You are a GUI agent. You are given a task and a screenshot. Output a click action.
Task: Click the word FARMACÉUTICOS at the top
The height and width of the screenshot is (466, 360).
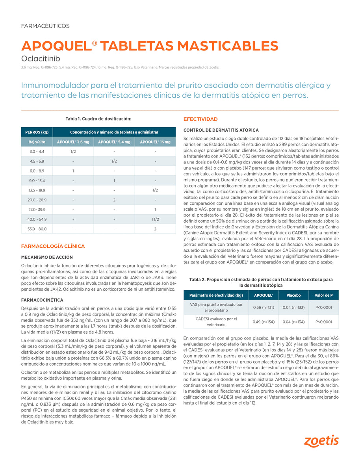pyautogui.click(x=45, y=26)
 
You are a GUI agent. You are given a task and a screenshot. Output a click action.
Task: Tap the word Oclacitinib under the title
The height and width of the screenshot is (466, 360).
pyautogui.click(x=41, y=59)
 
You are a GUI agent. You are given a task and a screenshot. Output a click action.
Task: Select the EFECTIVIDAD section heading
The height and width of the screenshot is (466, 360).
pyautogui.click(x=200, y=119)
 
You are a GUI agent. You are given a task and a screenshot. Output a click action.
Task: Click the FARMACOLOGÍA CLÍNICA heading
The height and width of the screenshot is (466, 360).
pyautogui.click(x=53, y=246)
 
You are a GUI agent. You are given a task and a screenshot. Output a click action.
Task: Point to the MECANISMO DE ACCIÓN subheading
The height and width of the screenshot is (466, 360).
pyautogui.click(x=47, y=257)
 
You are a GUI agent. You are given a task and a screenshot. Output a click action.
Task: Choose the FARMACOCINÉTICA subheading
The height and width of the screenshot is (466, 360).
pyautogui.click(x=42, y=300)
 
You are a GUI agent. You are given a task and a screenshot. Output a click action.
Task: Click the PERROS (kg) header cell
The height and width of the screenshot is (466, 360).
pyautogui.click(x=37, y=132)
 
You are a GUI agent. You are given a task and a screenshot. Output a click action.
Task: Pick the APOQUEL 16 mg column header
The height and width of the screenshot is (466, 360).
pyautogui.click(x=155, y=142)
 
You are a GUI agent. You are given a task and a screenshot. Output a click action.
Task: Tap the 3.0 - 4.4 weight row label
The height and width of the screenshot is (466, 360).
pyautogui.click(x=37, y=152)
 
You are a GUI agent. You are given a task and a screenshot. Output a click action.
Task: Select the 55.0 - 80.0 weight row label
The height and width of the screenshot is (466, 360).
pyautogui.click(x=37, y=229)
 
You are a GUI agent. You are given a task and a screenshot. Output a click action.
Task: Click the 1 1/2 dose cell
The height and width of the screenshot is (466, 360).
pyautogui.click(x=155, y=219)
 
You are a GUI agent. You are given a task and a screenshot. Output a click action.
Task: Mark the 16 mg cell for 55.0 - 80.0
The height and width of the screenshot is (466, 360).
pyautogui.click(x=155, y=229)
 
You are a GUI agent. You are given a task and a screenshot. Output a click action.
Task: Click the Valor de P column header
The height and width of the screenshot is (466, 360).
pyautogui.click(x=323, y=295)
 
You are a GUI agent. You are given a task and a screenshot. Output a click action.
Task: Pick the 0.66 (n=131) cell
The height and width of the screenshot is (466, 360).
pyautogui.click(x=263, y=307)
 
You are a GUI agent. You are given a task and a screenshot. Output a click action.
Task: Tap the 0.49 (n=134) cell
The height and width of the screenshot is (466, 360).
pyautogui.click(x=263, y=322)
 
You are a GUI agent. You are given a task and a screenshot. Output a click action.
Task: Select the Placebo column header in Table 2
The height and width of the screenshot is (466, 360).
pyautogui.click(x=293, y=295)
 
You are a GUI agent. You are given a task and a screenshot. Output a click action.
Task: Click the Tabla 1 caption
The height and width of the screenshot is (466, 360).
pyautogui.click(x=98, y=119)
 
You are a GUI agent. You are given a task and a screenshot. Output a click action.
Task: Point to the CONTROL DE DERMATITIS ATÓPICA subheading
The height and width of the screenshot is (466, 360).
pyautogui.click(x=221, y=130)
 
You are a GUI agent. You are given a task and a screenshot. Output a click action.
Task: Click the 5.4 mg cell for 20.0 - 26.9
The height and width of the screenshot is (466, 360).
pyautogui.click(x=114, y=200)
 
